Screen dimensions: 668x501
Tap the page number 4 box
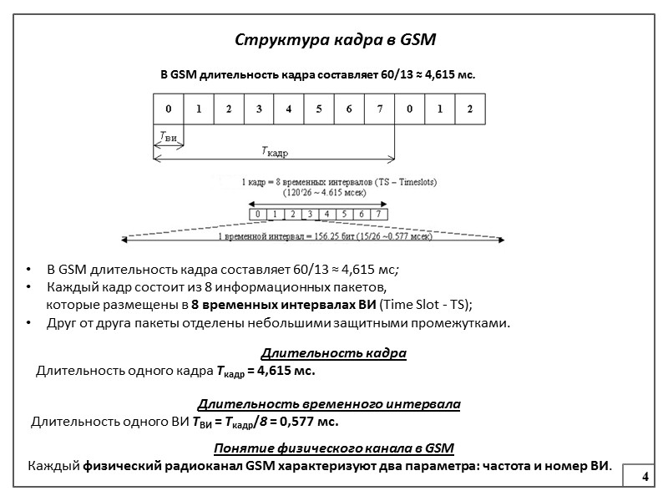click(645, 476)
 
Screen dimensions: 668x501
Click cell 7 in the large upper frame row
click(379, 109)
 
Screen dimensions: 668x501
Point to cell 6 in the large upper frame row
click(349, 109)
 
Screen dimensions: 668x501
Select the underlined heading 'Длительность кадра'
click(334, 353)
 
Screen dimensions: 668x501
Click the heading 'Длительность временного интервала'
click(329, 404)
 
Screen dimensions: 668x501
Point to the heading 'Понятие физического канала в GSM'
click(334, 448)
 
